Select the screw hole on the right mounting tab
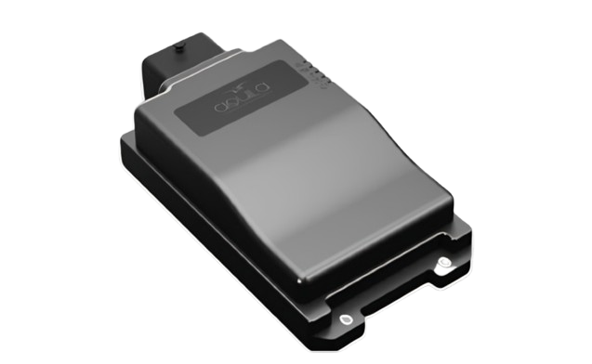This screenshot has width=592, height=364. pyautogui.click(x=444, y=263)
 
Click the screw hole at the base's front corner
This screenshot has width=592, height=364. pyautogui.click(x=347, y=320)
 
